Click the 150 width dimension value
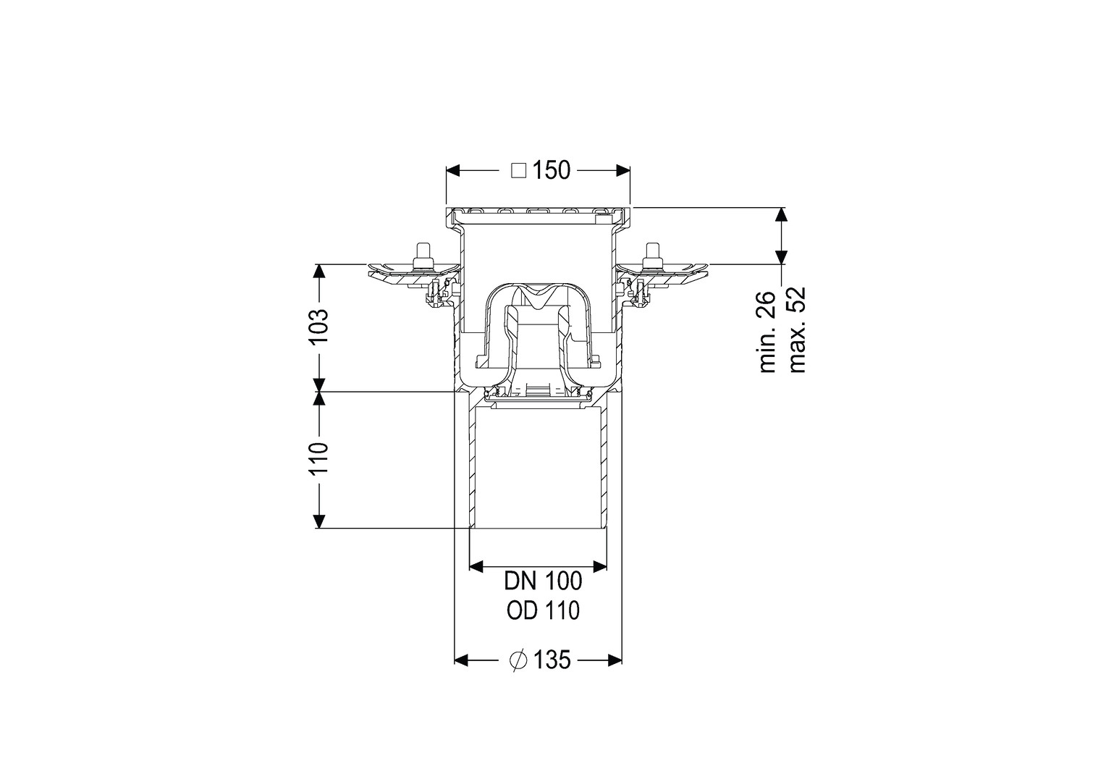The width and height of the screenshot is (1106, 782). (x=551, y=170)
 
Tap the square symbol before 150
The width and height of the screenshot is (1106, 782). (x=518, y=171)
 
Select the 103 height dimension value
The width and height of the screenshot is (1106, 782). (x=319, y=327)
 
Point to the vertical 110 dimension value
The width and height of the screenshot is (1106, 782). (x=319, y=459)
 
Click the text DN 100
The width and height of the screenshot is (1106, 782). (x=543, y=581)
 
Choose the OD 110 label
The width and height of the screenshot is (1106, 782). (x=543, y=611)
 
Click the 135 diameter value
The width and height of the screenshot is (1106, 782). (x=552, y=660)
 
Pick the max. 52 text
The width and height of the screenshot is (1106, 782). (x=797, y=330)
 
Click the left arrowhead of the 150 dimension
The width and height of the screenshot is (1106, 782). (x=453, y=171)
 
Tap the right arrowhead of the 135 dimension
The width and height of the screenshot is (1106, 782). (x=615, y=660)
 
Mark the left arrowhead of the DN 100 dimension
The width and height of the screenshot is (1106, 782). (x=476, y=566)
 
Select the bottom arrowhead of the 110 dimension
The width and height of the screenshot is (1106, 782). (x=319, y=521)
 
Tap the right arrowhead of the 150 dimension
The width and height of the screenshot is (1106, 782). (x=623, y=171)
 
